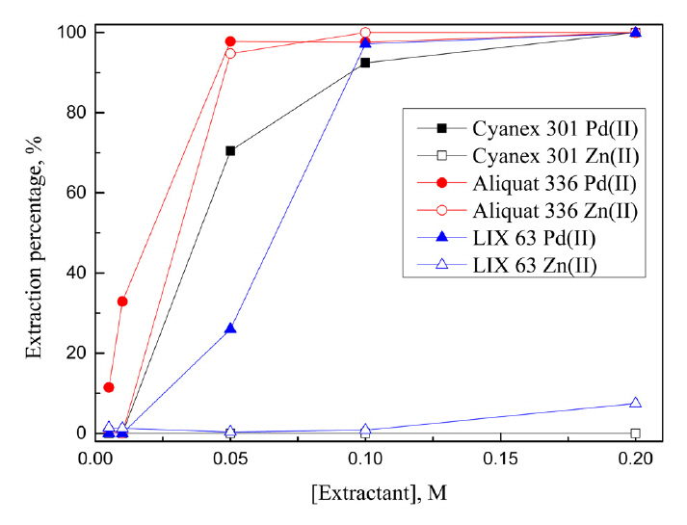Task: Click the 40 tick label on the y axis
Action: [x=67, y=273]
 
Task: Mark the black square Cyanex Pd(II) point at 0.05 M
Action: [x=230, y=150]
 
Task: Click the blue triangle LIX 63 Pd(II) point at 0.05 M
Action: [x=230, y=328]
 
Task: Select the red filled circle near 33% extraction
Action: [x=122, y=302]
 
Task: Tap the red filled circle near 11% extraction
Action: [x=109, y=387]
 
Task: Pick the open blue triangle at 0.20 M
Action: [x=635, y=403]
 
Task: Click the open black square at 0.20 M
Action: [x=635, y=433]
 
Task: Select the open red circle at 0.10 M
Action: [x=365, y=33]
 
